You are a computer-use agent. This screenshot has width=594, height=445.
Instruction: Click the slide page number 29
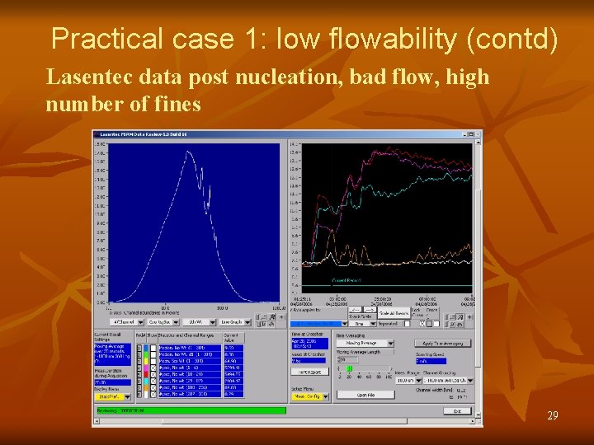[x=552, y=416]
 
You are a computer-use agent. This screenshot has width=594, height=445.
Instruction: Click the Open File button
[x=365, y=395]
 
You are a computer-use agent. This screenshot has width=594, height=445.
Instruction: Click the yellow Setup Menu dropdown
[x=309, y=396]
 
